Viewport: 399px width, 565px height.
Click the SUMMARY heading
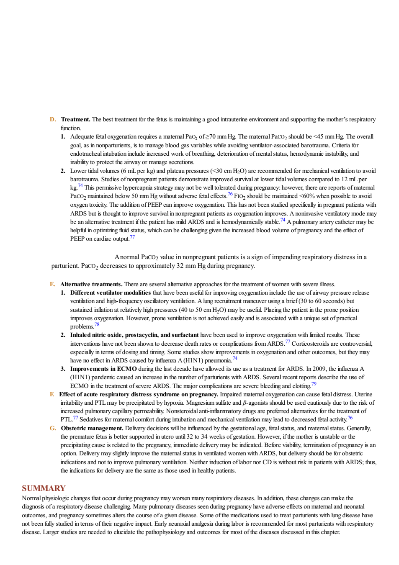tap(44, 488)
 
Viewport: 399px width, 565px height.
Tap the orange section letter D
tap(53, 119)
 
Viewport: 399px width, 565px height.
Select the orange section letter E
tap(52, 284)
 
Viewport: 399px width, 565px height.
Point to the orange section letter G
tap(53, 428)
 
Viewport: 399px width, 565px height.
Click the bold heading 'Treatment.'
tap(76, 119)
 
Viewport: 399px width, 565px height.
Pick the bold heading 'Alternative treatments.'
tap(91, 284)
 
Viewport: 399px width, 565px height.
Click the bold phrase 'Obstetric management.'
tap(92, 428)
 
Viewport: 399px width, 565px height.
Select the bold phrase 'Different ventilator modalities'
tap(111, 293)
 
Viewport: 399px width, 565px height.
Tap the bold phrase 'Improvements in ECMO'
tap(103, 369)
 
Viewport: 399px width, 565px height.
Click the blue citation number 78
tap(97, 324)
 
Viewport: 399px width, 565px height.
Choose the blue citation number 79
tap(314, 384)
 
